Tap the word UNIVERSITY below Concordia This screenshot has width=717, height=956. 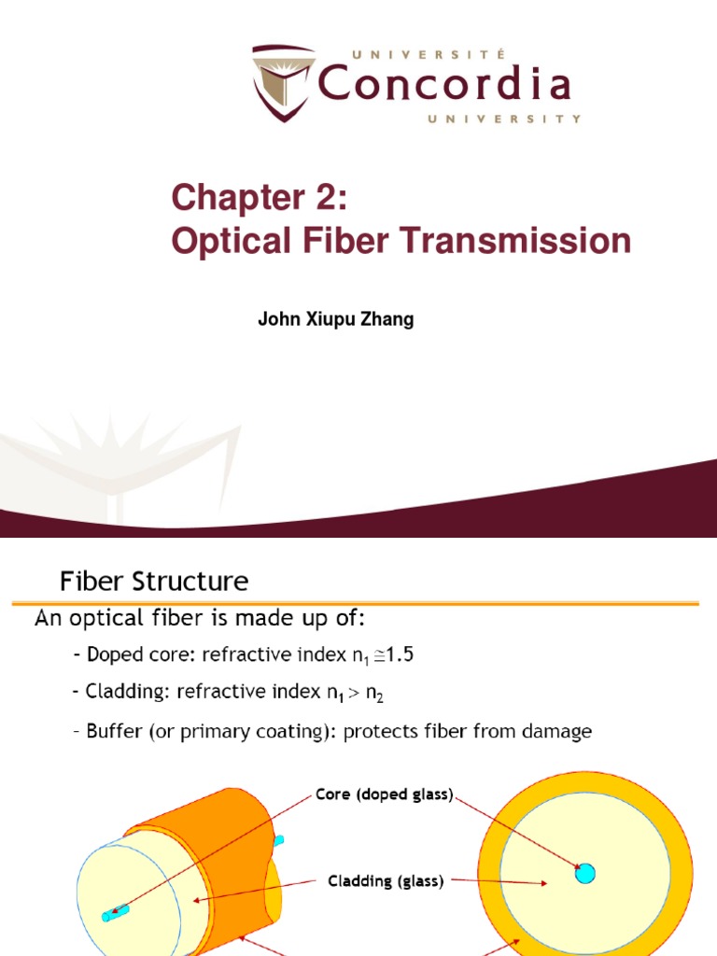click(505, 119)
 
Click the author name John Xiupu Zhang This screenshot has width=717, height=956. click(335, 319)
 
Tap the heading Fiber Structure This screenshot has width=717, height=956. click(154, 583)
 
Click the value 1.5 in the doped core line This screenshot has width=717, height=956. click(398, 655)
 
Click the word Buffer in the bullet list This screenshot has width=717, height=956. click(112, 731)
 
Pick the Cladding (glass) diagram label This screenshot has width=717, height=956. click(385, 880)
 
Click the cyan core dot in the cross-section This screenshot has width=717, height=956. click(585, 874)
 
